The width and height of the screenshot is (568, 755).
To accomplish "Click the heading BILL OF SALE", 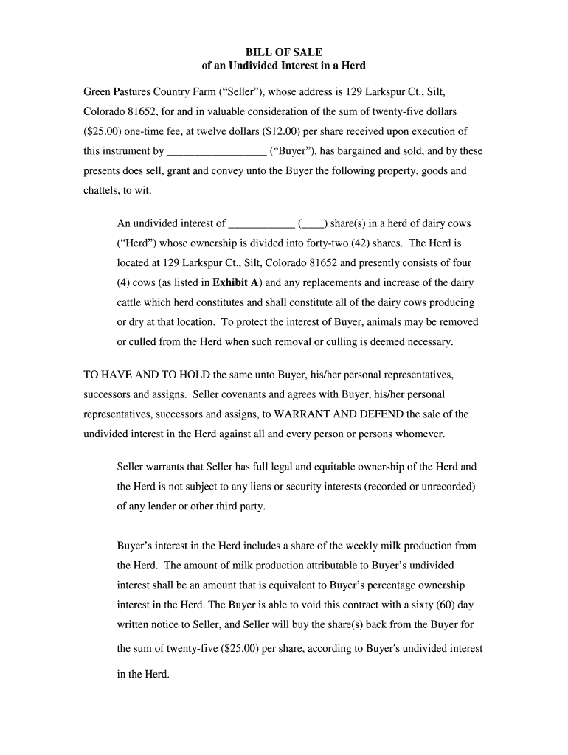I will (283, 52).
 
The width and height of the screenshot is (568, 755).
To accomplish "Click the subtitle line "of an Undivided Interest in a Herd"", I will (283, 66).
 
